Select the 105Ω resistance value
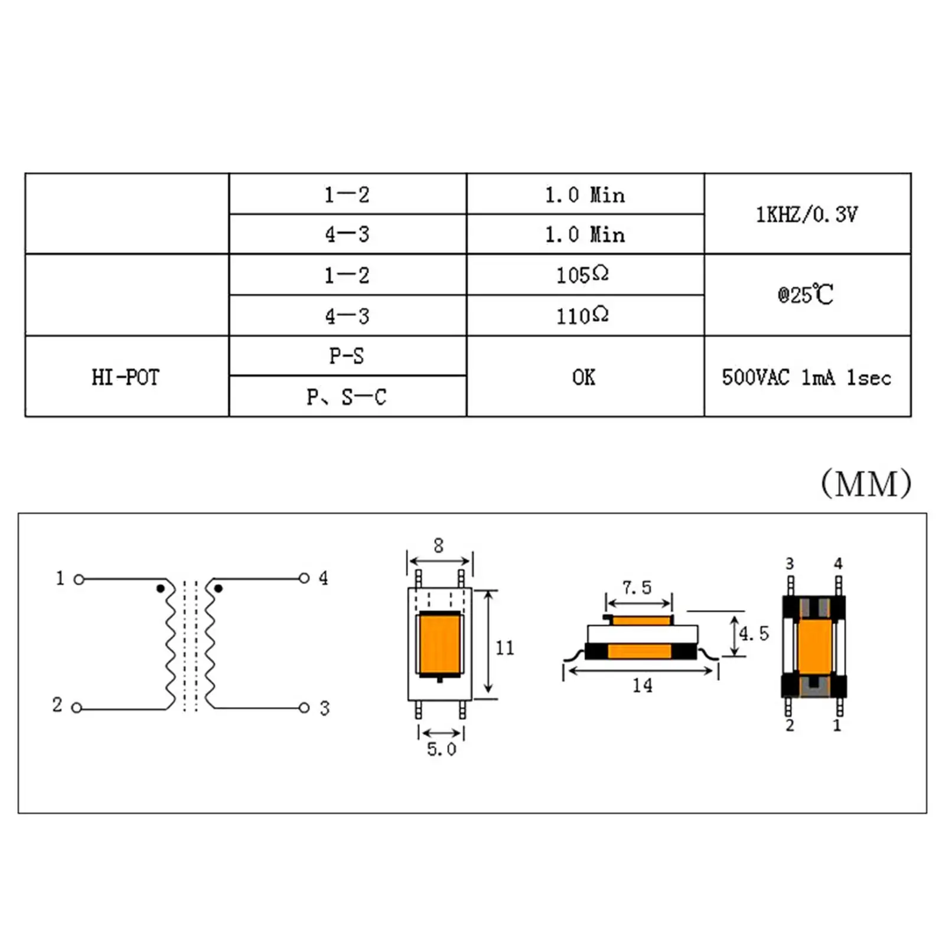coord(582,275)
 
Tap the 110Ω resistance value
coord(582,315)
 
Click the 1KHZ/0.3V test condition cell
coord(807,214)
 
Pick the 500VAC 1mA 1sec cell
coord(807,377)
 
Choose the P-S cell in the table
coord(347,356)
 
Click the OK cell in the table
coord(584,377)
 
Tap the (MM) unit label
coord(866,484)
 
